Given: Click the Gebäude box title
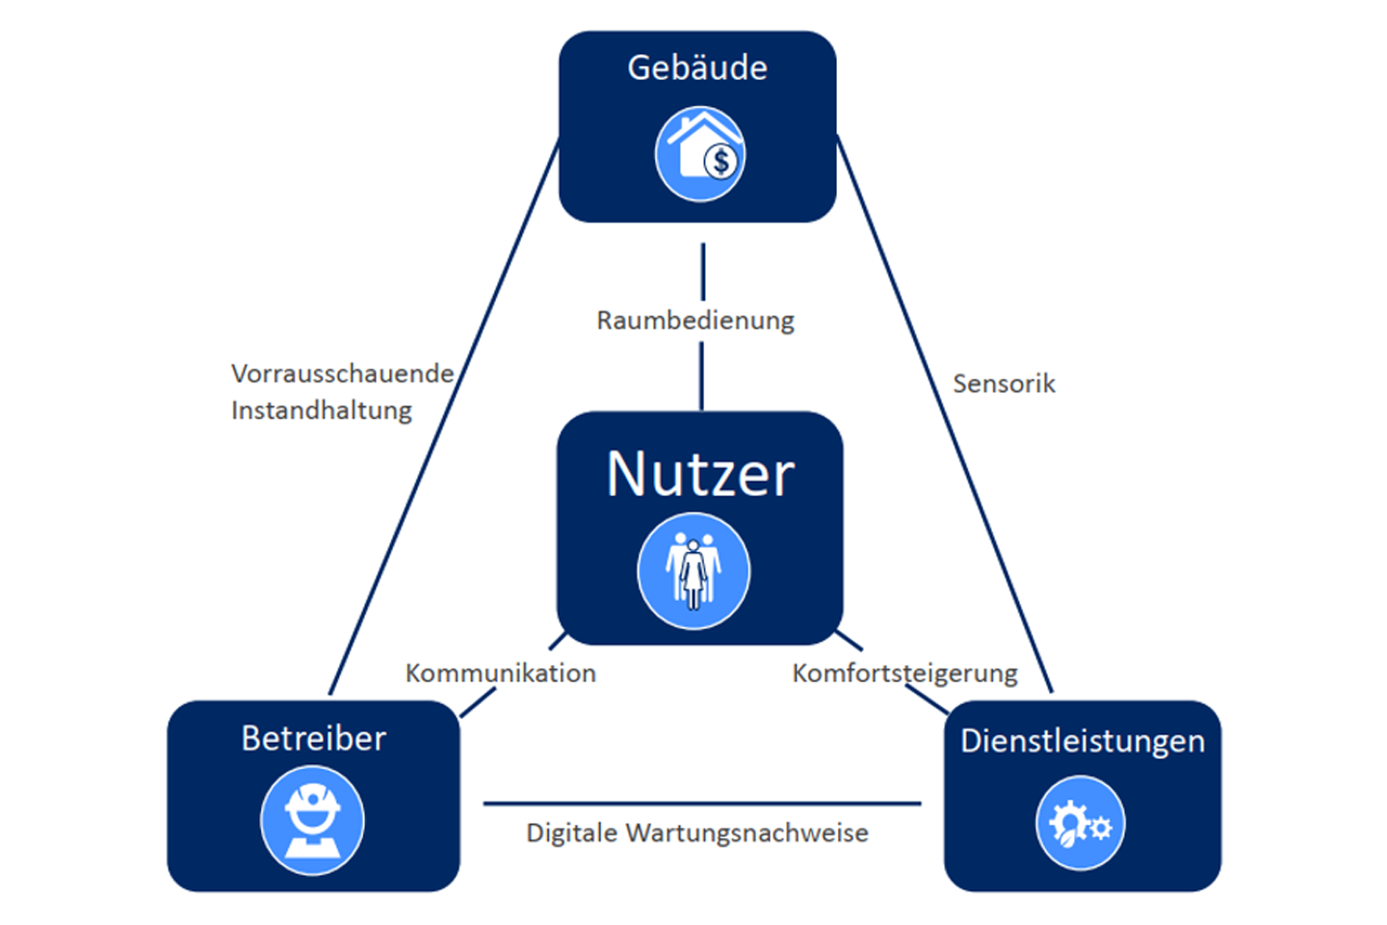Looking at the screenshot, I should tap(697, 67).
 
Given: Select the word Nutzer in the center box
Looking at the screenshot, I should tap(700, 474).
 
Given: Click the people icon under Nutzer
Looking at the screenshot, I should tap(693, 571).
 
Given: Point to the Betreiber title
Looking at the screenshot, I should tap(313, 738).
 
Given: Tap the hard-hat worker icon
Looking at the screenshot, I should tap(312, 821).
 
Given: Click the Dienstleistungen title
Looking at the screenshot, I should tap(1082, 741).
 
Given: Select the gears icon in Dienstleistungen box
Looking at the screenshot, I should tap(1080, 824).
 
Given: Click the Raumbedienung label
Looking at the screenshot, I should tap(695, 320).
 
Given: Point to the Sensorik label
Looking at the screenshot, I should tap(1004, 383).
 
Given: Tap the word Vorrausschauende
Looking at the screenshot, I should tap(342, 373).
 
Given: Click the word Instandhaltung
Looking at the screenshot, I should tap(322, 410).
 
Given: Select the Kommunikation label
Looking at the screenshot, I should tap(500, 673).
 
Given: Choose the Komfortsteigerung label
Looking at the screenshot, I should tap(904, 673).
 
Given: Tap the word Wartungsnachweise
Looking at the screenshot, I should tap(746, 832).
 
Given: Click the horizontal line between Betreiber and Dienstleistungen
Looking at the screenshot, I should tap(701, 803).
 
